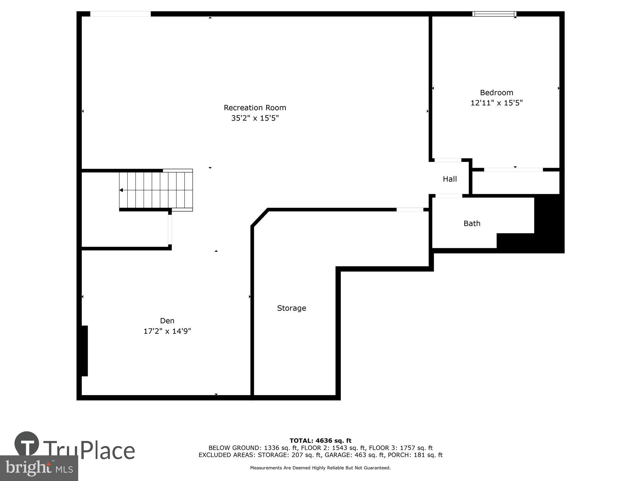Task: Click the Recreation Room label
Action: coord(255,108)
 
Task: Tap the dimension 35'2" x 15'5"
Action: coord(255,118)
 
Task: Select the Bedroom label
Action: coord(496,93)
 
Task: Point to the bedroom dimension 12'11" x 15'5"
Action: coord(496,103)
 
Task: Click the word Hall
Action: coord(450,179)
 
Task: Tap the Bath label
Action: coord(472,224)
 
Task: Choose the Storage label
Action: coord(291,308)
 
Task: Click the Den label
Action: coord(167,321)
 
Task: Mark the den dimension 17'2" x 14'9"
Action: coord(167,331)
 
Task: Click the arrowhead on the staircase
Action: coord(121,190)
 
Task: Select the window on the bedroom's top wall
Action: coord(494,14)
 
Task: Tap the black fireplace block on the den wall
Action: coord(84,351)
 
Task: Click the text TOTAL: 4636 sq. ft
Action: coord(320,441)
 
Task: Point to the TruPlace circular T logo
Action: coord(27,444)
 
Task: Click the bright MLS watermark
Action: coord(39,468)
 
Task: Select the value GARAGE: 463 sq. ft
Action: coord(354,455)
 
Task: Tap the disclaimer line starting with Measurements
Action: coord(320,468)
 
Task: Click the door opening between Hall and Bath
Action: coord(449,196)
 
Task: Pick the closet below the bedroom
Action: coord(516,182)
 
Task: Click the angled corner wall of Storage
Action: coord(260,218)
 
